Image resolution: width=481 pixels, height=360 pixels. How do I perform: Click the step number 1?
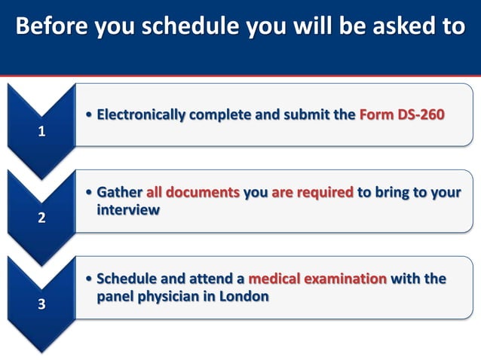click(x=41, y=132)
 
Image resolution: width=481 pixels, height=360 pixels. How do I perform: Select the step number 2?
click(x=41, y=219)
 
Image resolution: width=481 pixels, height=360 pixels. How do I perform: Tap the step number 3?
click(x=41, y=306)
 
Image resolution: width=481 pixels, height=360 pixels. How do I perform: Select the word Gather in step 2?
click(x=120, y=193)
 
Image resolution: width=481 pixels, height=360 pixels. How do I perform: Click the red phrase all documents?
click(x=193, y=193)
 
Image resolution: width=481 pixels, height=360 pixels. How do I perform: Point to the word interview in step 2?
click(x=128, y=210)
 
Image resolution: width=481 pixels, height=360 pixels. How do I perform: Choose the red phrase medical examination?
click(x=317, y=279)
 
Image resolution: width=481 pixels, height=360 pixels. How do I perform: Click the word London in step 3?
click(x=244, y=296)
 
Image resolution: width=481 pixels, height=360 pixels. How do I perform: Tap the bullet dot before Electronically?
click(x=90, y=116)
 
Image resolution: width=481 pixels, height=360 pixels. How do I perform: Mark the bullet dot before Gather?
click(x=90, y=194)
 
